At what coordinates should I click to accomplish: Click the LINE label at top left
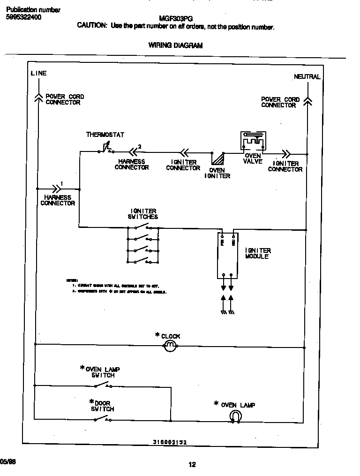[x=38, y=73]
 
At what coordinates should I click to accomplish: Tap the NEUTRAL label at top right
[x=307, y=76]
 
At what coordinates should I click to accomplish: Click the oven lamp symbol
[x=235, y=416]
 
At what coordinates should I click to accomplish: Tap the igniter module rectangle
[x=227, y=255]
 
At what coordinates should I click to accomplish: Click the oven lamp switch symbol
[x=103, y=385]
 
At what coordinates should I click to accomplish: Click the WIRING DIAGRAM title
[x=175, y=45]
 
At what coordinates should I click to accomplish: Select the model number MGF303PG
[x=172, y=19]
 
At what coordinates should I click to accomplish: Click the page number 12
[x=192, y=465]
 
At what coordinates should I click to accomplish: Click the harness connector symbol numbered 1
[x=56, y=189]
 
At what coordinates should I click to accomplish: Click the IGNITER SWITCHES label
[x=142, y=214]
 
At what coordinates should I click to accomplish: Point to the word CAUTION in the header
[x=92, y=26]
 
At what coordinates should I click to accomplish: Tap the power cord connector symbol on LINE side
[x=38, y=97]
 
